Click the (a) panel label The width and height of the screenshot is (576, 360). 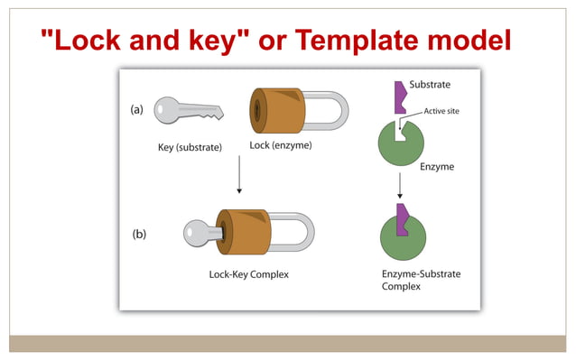[137, 110]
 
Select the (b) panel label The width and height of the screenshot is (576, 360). [139, 234]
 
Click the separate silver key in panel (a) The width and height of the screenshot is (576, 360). [186, 111]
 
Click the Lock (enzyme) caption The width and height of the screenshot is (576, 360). [281, 145]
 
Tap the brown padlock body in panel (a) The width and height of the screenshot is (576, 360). [279, 110]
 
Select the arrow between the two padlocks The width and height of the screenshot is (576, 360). [239, 174]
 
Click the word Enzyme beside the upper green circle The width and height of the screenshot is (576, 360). [437, 167]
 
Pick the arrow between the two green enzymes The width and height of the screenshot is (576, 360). [399, 187]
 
